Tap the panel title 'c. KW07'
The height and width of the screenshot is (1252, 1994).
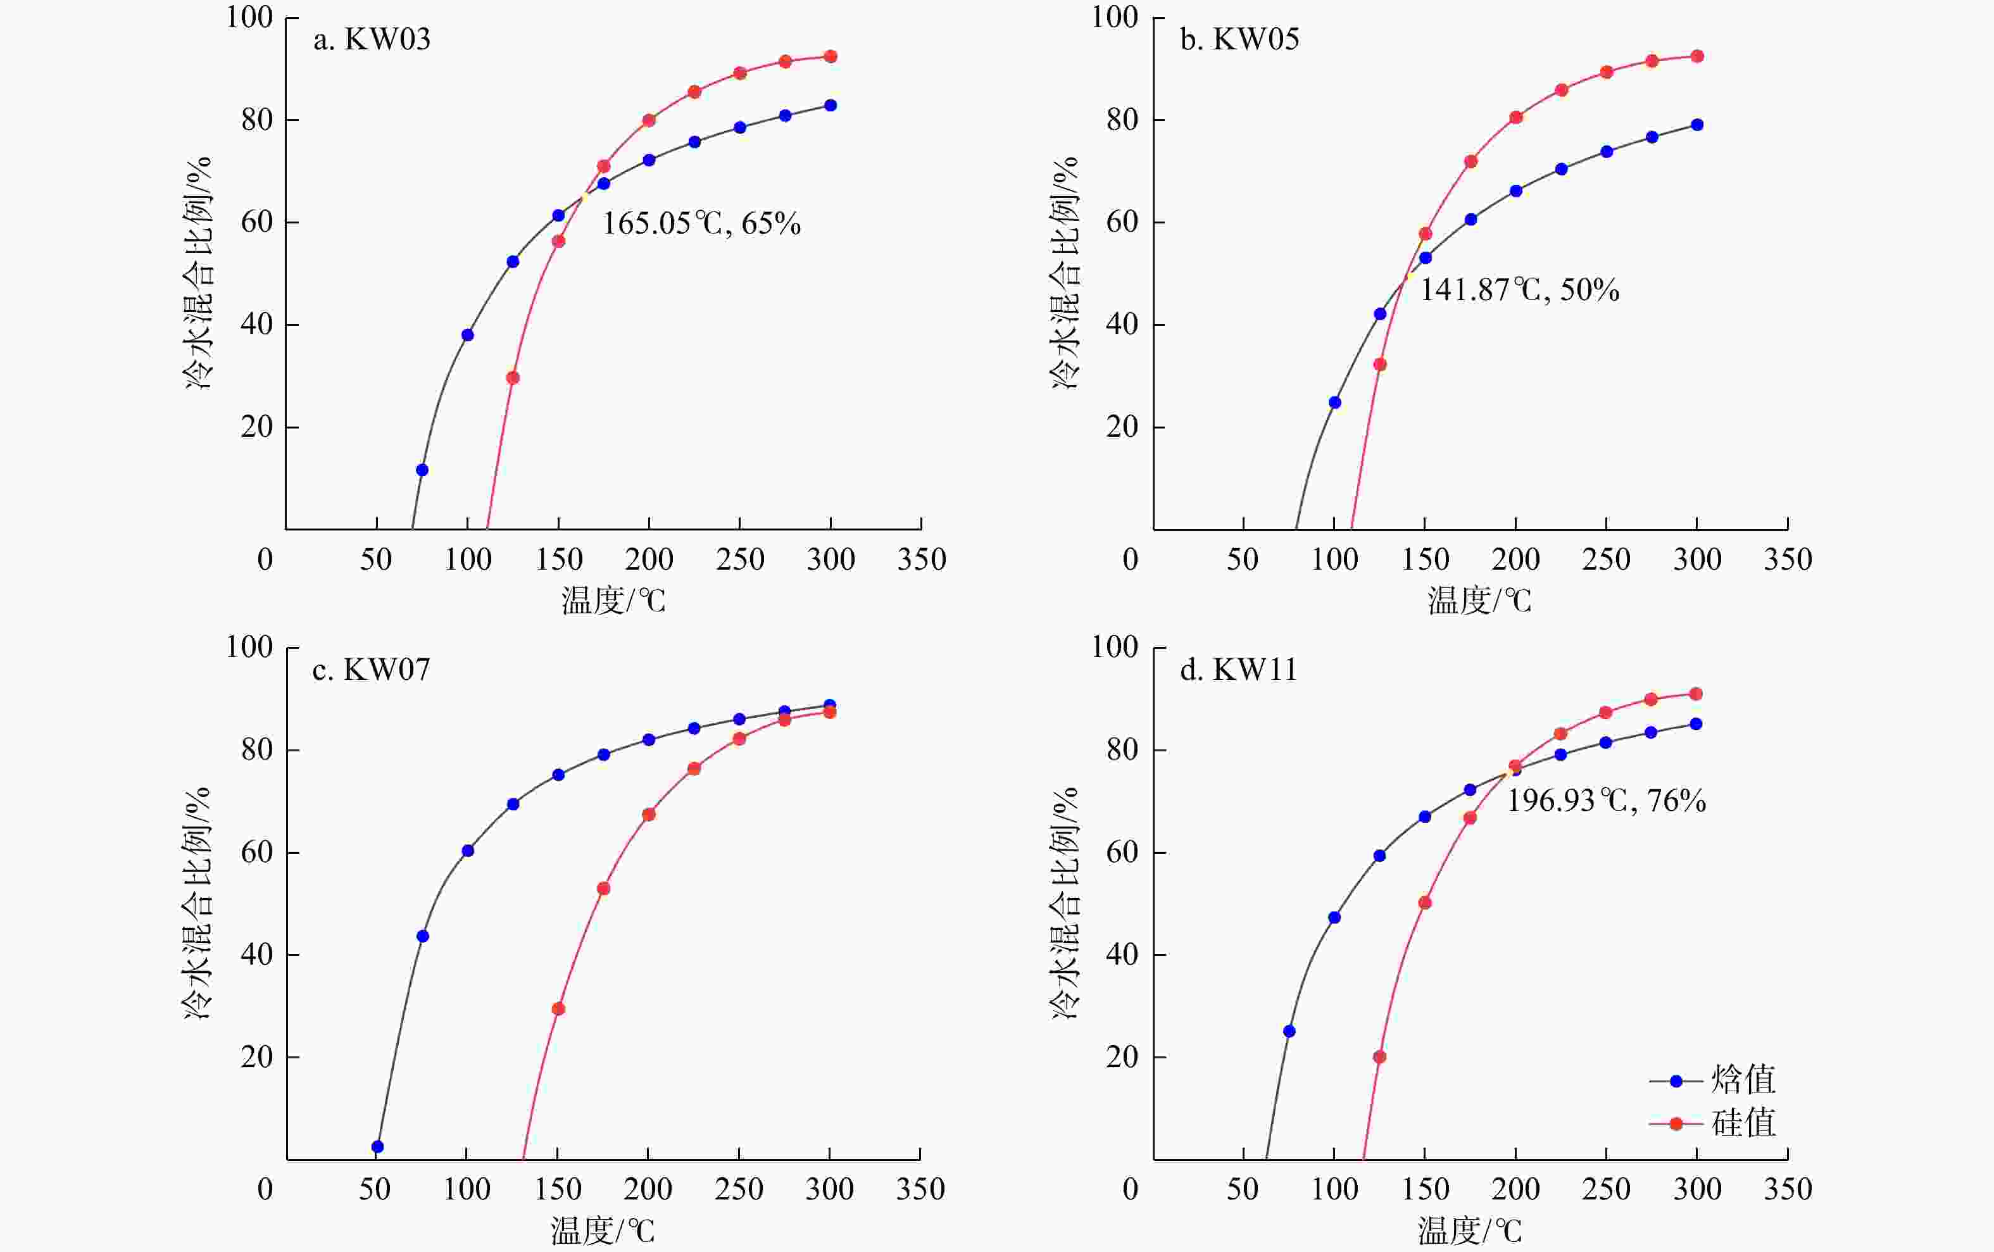pyautogui.click(x=371, y=670)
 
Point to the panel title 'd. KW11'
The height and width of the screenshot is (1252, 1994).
pyautogui.click(x=1238, y=670)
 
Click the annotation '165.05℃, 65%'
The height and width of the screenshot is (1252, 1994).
pyautogui.click(x=701, y=223)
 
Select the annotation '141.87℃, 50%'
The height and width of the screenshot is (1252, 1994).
pyautogui.click(x=1519, y=290)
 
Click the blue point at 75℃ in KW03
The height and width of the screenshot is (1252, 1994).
pyautogui.click(x=422, y=470)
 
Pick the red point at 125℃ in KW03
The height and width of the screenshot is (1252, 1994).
pyautogui.click(x=513, y=379)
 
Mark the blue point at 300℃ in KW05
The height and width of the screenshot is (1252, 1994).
pyautogui.click(x=1696, y=125)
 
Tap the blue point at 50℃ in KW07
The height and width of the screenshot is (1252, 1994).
pyautogui.click(x=378, y=1147)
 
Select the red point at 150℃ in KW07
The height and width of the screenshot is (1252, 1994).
pyautogui.click(x=558, y=1010)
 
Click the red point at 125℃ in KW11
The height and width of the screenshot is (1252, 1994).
pyautogui.click(x=1379, y=1058)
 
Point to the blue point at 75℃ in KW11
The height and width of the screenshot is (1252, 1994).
pyautogui.click(x=1289, y=1032)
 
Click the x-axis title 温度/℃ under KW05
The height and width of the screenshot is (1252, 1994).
pyautogui.click(x=1479, y=600)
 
